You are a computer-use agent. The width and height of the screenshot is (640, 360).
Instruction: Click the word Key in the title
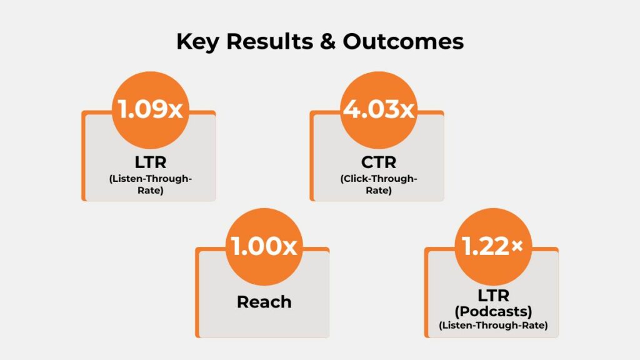(198, 42)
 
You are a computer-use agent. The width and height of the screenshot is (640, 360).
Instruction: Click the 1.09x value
(150, 110)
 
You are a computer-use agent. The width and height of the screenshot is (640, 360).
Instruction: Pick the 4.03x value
(379, 110)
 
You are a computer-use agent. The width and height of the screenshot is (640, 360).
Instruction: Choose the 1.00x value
(264, 246)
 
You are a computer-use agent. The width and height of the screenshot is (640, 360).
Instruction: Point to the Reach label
(264, 302)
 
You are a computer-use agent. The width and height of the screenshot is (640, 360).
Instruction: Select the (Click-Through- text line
(379, 179)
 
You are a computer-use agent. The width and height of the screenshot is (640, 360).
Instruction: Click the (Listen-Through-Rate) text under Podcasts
(491, 324)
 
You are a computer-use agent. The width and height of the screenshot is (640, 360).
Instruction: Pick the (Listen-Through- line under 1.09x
(150, 179)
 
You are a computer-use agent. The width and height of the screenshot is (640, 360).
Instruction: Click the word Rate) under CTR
(379, 191)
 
